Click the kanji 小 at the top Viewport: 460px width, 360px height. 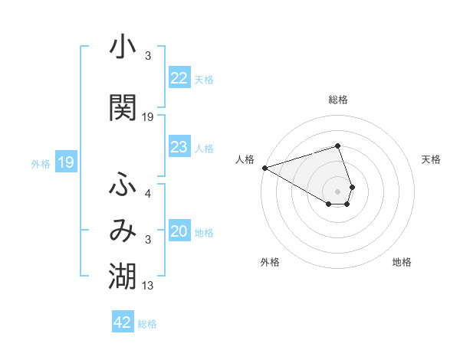pos(123,47)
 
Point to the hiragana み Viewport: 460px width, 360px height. pos(123,232)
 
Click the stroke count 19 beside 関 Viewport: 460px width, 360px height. pos(148,117)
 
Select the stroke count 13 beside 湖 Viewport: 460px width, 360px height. pos(148,286)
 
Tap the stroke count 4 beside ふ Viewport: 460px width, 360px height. pos(148,195)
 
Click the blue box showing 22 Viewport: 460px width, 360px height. pos(179,78)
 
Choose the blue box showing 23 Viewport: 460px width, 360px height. pos(179,147)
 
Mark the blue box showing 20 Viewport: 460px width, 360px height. pos(179,232)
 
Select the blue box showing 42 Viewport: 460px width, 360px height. pos(123,322)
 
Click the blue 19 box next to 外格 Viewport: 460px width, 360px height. pos(66,162)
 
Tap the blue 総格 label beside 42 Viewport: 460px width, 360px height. pos(147,324)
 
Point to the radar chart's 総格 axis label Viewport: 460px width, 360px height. pos(337,100)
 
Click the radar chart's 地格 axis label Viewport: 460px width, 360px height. pos(402,262)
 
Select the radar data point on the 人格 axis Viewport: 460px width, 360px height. pos(264,168)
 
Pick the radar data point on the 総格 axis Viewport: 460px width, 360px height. pos(337,146)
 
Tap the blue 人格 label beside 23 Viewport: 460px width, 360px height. pos(204,148)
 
